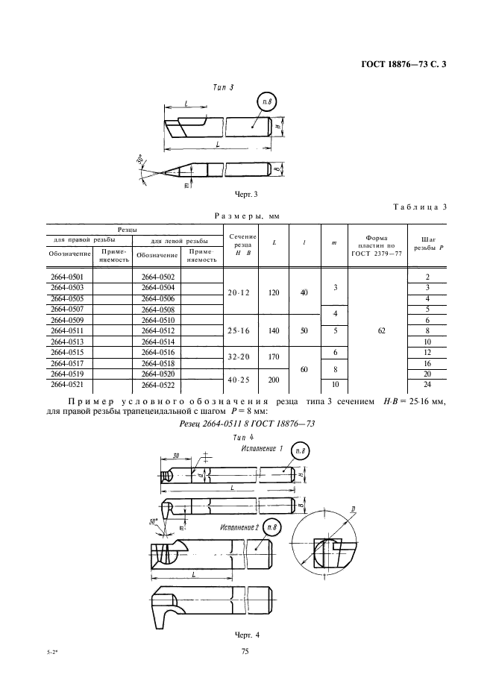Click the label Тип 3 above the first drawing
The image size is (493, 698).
[x=223, y=87]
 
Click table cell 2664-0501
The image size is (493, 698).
[x=67, y=277]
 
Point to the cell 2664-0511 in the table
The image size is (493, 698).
[x=67, y=330]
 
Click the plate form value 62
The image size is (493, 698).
[x=381, y=329]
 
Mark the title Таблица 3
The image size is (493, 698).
[x=419, y=207]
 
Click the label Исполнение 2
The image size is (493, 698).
[x=239, y=527]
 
